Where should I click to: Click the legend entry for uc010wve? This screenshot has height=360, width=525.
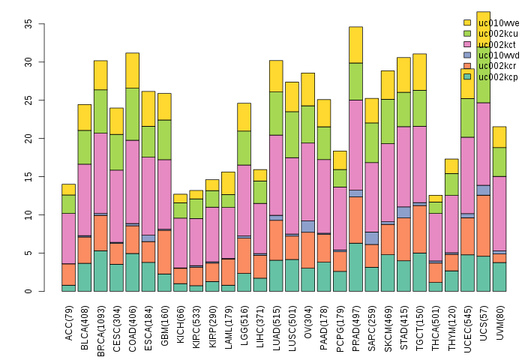point(492,22)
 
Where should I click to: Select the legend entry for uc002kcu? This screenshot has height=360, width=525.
point(492,33)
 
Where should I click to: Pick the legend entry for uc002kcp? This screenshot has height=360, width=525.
point(492,76)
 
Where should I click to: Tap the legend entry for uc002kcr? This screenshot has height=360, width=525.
point(492,66)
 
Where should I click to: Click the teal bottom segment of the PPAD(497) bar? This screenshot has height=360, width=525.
point(355,267)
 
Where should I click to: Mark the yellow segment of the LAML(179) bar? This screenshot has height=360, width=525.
point(228,183)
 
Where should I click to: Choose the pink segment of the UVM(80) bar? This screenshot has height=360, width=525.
point(499,213)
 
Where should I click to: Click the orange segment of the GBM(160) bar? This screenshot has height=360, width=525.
point(164,252)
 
